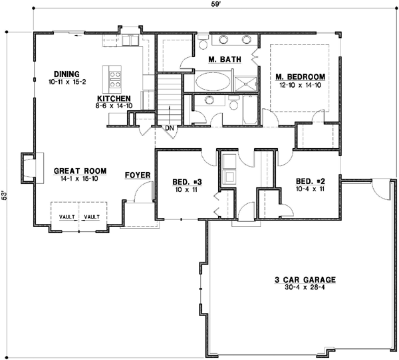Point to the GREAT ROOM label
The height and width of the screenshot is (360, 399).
pyautogui.click(x=76, y=171)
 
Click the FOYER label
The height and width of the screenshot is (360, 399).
pyautogui.click(x=137, y=175)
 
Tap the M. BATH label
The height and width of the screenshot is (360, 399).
pyautogui.click(x=219, y=60)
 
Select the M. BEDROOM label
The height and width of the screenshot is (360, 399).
pyautogui.click(x=300, y=77)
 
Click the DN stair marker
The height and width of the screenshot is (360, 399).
pyautogui.click(x=170, y=128)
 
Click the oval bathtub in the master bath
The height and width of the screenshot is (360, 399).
pyautogui.click(x=212, y=82)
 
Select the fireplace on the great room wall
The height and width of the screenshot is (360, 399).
pyautogui.click(x=29, y=168)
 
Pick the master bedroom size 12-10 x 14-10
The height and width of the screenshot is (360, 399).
pyautogui.click(x=300, y=85)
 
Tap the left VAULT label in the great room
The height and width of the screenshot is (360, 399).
pyautogui.click(x=66, y=217)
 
